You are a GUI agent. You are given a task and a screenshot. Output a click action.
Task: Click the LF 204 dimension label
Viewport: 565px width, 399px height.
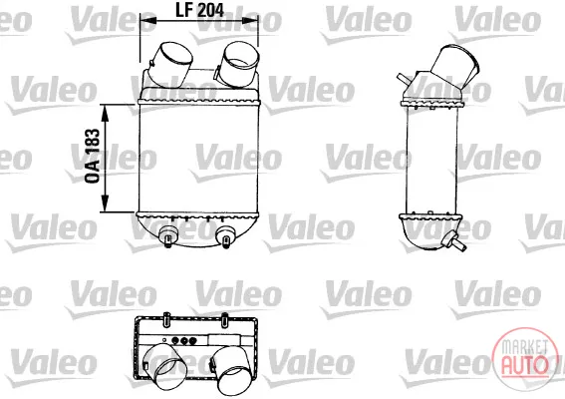[199, 10]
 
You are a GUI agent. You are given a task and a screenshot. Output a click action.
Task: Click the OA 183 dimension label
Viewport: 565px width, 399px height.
[93, 156]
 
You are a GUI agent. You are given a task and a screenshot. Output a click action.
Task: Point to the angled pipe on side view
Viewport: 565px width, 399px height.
[455, 66]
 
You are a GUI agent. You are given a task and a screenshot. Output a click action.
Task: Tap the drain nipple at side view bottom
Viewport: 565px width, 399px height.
[454, 241]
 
